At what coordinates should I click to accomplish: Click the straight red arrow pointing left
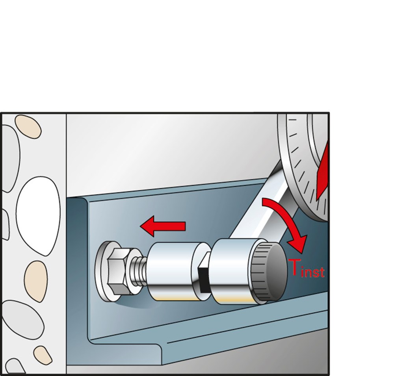click(x=163, y=226)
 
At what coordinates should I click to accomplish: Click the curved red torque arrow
click(x=289, y=221)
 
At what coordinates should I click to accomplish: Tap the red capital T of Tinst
click(x=294, y=267)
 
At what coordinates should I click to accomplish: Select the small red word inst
click(x=313, y=272)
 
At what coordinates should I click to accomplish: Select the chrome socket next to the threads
click(x=171, y=272)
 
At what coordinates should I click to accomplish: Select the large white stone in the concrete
click(x=38, y=216)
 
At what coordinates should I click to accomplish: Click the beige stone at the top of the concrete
click(x=28, y=126)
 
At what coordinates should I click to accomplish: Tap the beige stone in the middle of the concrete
click(x=36, y=281)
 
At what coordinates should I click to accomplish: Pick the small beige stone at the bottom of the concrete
click(x=43, y=356)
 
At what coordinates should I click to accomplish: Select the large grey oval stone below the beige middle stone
click(x=22, y=320)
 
